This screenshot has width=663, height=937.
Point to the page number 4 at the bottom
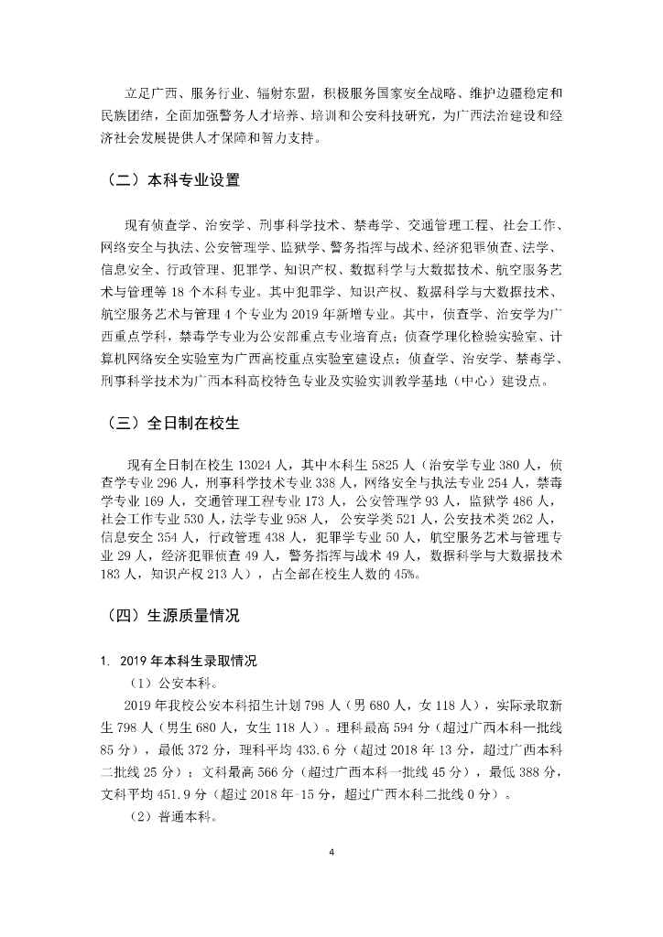point(331,854)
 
